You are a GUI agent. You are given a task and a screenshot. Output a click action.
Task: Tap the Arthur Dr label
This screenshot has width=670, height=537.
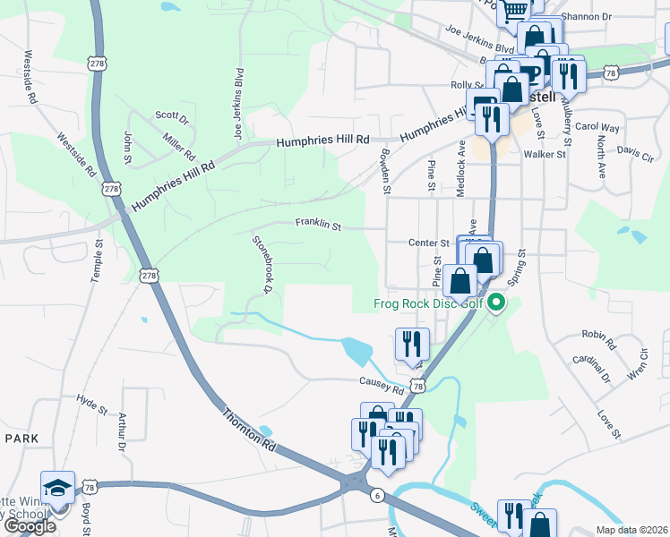pyautogui.click(x=121, y=431)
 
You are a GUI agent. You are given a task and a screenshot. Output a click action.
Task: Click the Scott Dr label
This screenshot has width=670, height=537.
pyautogui.click(x=172, y=117)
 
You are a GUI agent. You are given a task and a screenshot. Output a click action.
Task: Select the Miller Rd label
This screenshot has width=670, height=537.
pyautogui.click(x=180, y=147)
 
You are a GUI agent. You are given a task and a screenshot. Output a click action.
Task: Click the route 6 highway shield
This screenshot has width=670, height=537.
pyautogui.click(x=379, y=494)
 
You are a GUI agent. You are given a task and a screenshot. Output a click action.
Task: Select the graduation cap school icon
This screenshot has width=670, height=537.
pyautogui.click(x=57, y=488)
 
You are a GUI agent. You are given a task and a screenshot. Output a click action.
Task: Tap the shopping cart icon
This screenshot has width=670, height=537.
pyautogui.click(x=515, y=11)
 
